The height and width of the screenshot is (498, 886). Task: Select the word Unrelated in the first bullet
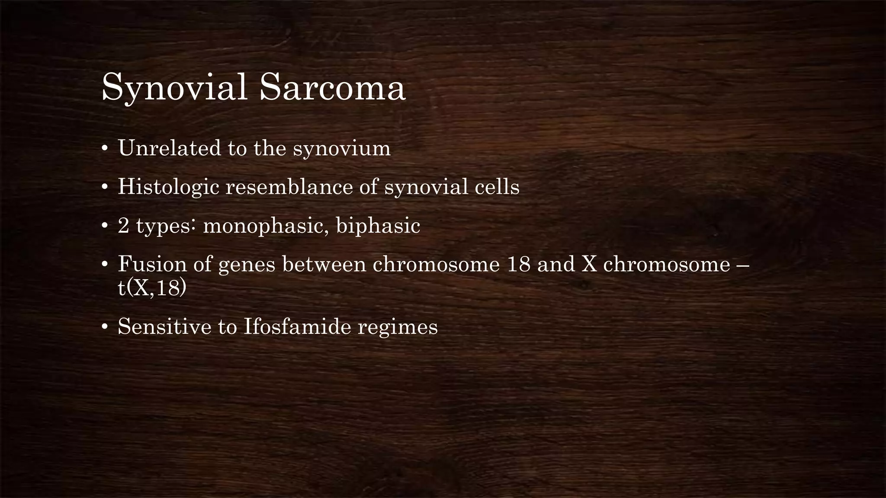169,148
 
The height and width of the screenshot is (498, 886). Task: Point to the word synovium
341,149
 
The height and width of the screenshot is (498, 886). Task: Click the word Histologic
168,187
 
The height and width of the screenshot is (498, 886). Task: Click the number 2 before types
123,226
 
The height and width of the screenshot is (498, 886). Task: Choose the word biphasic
378,226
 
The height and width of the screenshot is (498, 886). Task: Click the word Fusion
152,264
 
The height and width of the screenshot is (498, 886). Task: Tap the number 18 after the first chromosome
518,264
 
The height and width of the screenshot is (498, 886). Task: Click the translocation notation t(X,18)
152,288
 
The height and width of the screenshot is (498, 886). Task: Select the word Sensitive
164,326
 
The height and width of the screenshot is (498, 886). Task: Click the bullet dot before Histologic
104,188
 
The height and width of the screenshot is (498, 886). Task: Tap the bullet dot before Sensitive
104,327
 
